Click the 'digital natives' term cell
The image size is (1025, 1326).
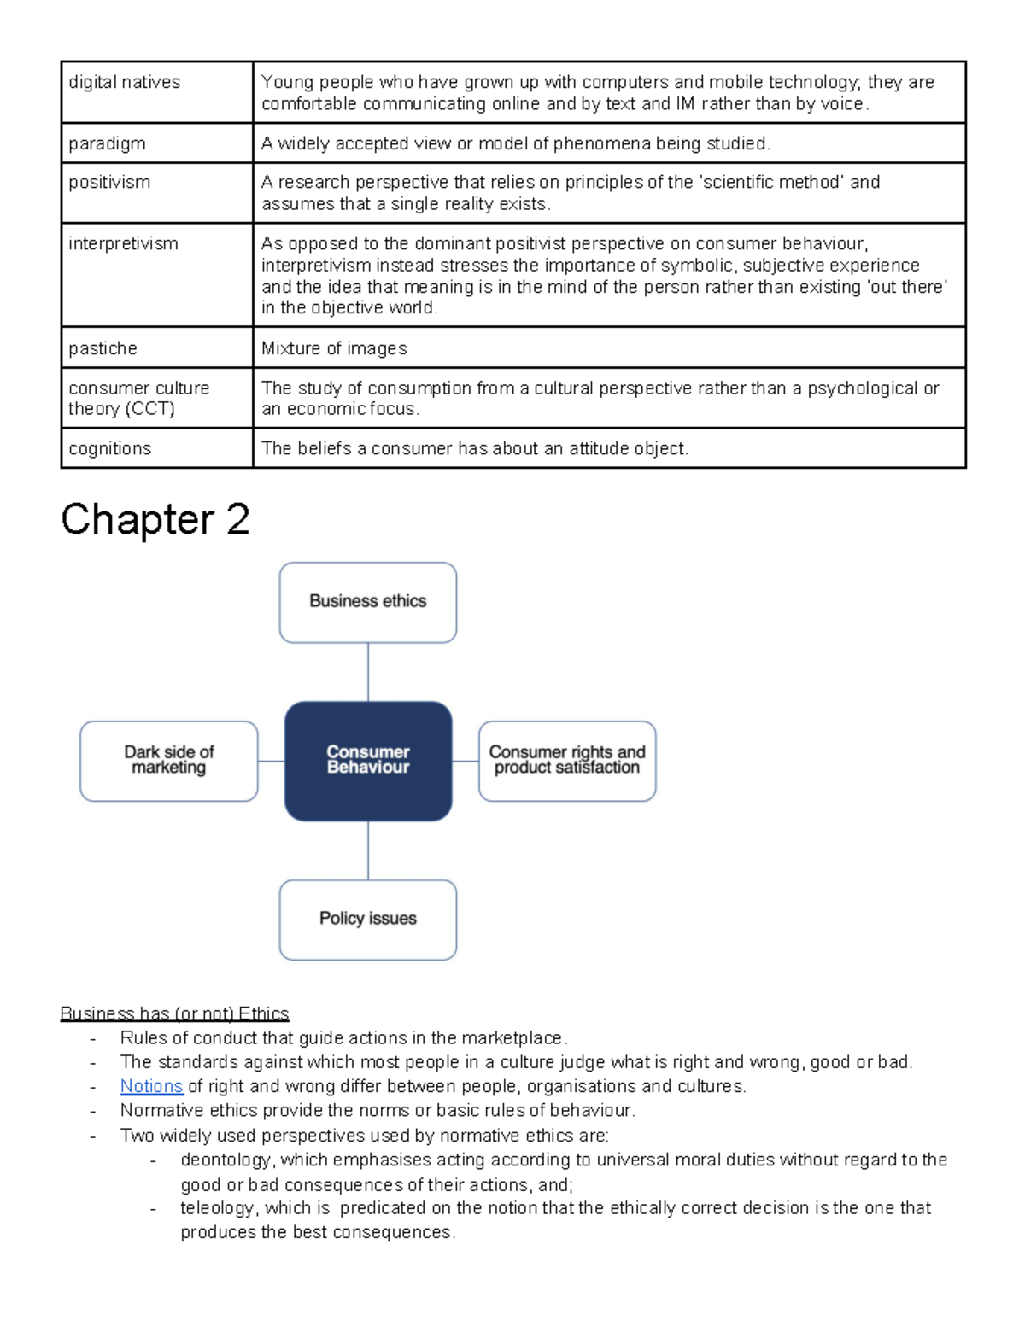[x=125, y=83]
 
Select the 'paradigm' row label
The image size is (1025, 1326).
[x=107, y=143]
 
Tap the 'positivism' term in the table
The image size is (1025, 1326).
[x=109, y=183]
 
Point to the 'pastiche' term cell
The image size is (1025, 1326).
[x=102, y=348]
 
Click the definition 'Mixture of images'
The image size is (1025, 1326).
[x=334, y=348]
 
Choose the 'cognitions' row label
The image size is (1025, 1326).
[x=109, y=449]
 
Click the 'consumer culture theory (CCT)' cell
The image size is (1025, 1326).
[x=138, y=399]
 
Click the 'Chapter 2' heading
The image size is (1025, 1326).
[x=155, y=519]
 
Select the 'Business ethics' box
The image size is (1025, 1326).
[x=367, y=602]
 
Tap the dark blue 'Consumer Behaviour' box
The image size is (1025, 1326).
[x=367, y=761]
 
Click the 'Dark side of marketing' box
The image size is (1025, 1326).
[x=168, y=761]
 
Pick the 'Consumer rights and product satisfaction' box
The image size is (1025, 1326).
[x=567, y=761]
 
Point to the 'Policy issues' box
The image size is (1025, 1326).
[x=367, y=920]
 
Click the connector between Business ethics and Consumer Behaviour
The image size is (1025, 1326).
[x=368, y=672]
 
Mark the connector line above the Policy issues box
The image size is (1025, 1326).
[x=368, y=850]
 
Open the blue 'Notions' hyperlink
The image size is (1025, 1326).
[x=151, y=1086]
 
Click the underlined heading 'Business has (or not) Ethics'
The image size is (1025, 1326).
[x=174, y=1013]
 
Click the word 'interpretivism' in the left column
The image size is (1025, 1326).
[x=123, y=244]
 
